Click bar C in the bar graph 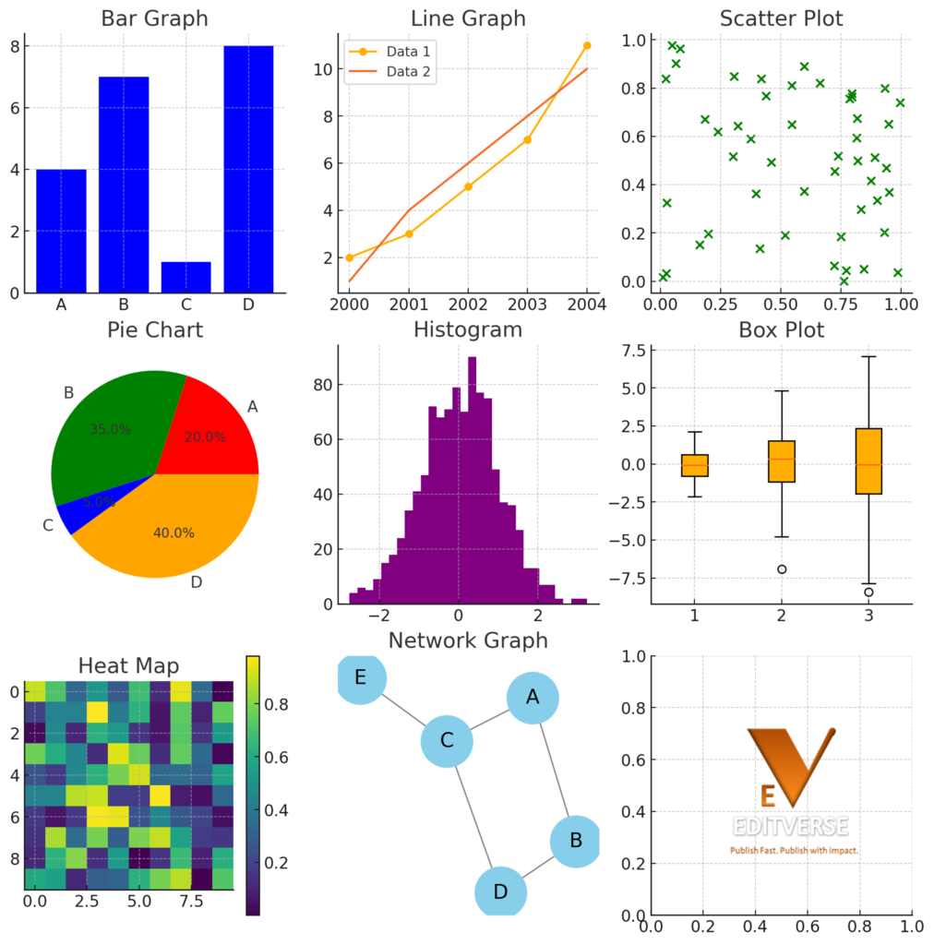click(x=186, y=277)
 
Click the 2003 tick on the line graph click(x=527, y=304)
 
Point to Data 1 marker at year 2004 click(x=587, y=45)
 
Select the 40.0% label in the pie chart click(x=173, y=532)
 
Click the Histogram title click(x=467, y=329)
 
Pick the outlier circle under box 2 click(x=782, y=569)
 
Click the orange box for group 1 click(x=695, y=465)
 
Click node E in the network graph click(x=361, y=678)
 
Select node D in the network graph click(x=500, y=891)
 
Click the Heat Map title click(x=128, y=665)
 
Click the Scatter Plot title click(x=781, y=18)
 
